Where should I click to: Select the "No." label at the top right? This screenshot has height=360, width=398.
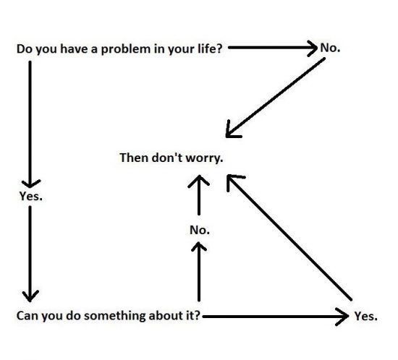click(x=329, y=48)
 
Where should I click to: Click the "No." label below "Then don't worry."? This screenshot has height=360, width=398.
click(x=199, y=230)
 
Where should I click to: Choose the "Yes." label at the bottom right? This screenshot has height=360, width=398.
click(x=365, y=317)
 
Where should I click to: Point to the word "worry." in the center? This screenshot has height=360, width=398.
click(x=205, y=158)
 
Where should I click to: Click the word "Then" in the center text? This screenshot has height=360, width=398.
click(x=134, y=158)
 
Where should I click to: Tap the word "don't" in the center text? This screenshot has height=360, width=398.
click(x=168, y=158)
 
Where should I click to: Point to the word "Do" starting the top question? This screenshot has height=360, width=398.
click(x=24, y=50)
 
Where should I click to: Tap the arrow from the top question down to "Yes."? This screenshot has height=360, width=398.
click(x=30, y=123)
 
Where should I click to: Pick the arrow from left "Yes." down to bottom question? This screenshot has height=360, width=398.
click(x=30, y=253)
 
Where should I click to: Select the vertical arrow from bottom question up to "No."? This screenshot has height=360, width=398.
click(x=199, y=272)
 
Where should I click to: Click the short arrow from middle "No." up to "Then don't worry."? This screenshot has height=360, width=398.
click(x=199, y=194)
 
